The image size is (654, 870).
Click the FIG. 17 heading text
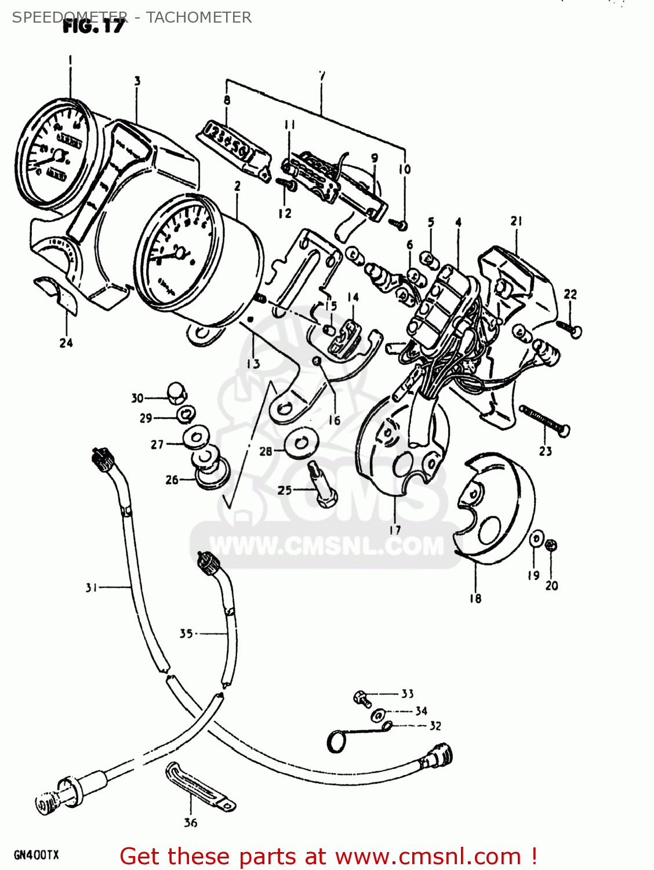(x=93, y=26)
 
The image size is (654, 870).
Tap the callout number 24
(x=66, y=343)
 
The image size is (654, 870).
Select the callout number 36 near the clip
(x=190, y=822)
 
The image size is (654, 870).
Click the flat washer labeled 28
(x=301, y=443)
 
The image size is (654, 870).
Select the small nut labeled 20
(x=551, y=545)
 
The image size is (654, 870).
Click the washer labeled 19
(x=536, y=539)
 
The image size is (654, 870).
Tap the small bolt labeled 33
(x=362, y=697)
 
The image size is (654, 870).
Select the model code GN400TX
(x=36, y=855)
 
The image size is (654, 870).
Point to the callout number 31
(x=91, y=588)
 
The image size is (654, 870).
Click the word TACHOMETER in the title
(x=198, y=17)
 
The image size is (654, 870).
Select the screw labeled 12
(x=286, y=184)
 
